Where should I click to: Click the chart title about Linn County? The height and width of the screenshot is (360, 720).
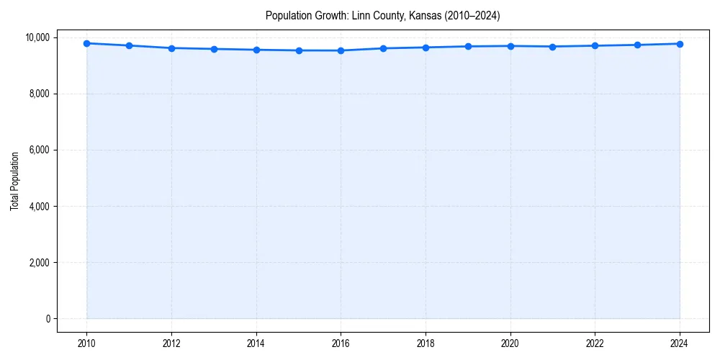click(382, 15)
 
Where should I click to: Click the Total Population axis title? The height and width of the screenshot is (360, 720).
click(14, 181)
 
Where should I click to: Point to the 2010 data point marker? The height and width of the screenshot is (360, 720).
click(86, 43)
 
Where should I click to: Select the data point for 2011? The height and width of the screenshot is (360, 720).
click(129, 45)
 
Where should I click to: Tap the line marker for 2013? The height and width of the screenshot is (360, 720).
click(214, 49)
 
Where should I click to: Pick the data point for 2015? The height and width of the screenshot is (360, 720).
click(299, 50)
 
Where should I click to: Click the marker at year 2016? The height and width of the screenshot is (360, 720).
click(341, 50)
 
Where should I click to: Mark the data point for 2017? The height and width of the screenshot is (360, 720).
click(383, 48)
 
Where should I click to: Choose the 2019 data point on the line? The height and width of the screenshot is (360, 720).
click(468, 46)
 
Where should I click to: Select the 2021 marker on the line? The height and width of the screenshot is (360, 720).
click(552, 47)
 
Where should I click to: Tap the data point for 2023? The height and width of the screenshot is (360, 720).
click(637, 45)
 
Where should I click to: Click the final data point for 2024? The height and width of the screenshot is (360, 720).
click(680, 44)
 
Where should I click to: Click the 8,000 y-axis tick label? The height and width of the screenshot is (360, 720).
click(38, 94)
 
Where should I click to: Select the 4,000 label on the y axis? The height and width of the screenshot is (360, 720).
click(38, 207)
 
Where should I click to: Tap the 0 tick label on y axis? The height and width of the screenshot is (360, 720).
click(48, 319)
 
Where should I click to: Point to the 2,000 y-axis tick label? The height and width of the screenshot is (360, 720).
click(38, 263)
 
